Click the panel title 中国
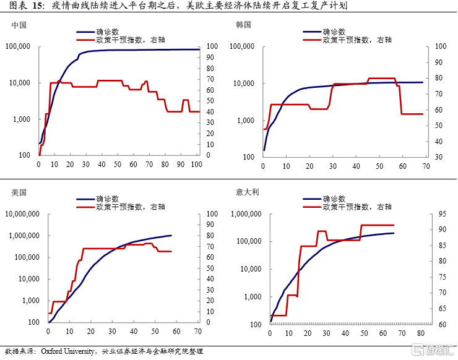(19, 25)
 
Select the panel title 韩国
(244, 25)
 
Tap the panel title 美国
(19, 192)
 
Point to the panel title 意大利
(248, 192)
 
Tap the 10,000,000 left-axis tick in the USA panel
(22, 214)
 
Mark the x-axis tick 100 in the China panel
(196, 165)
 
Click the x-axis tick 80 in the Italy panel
(421, 333)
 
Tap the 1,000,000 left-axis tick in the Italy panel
(247, 214)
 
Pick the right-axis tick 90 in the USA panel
(210, 225)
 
